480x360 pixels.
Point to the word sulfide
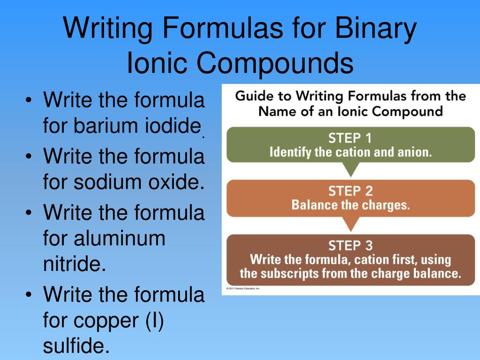[75, 347]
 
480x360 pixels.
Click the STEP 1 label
[351, 138]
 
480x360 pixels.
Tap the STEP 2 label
[351, 191]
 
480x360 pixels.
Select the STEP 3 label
[351, 245]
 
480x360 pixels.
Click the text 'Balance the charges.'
[351, 205]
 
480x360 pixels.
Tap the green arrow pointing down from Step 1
[351, 169]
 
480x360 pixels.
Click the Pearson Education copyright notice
[243, 289]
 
